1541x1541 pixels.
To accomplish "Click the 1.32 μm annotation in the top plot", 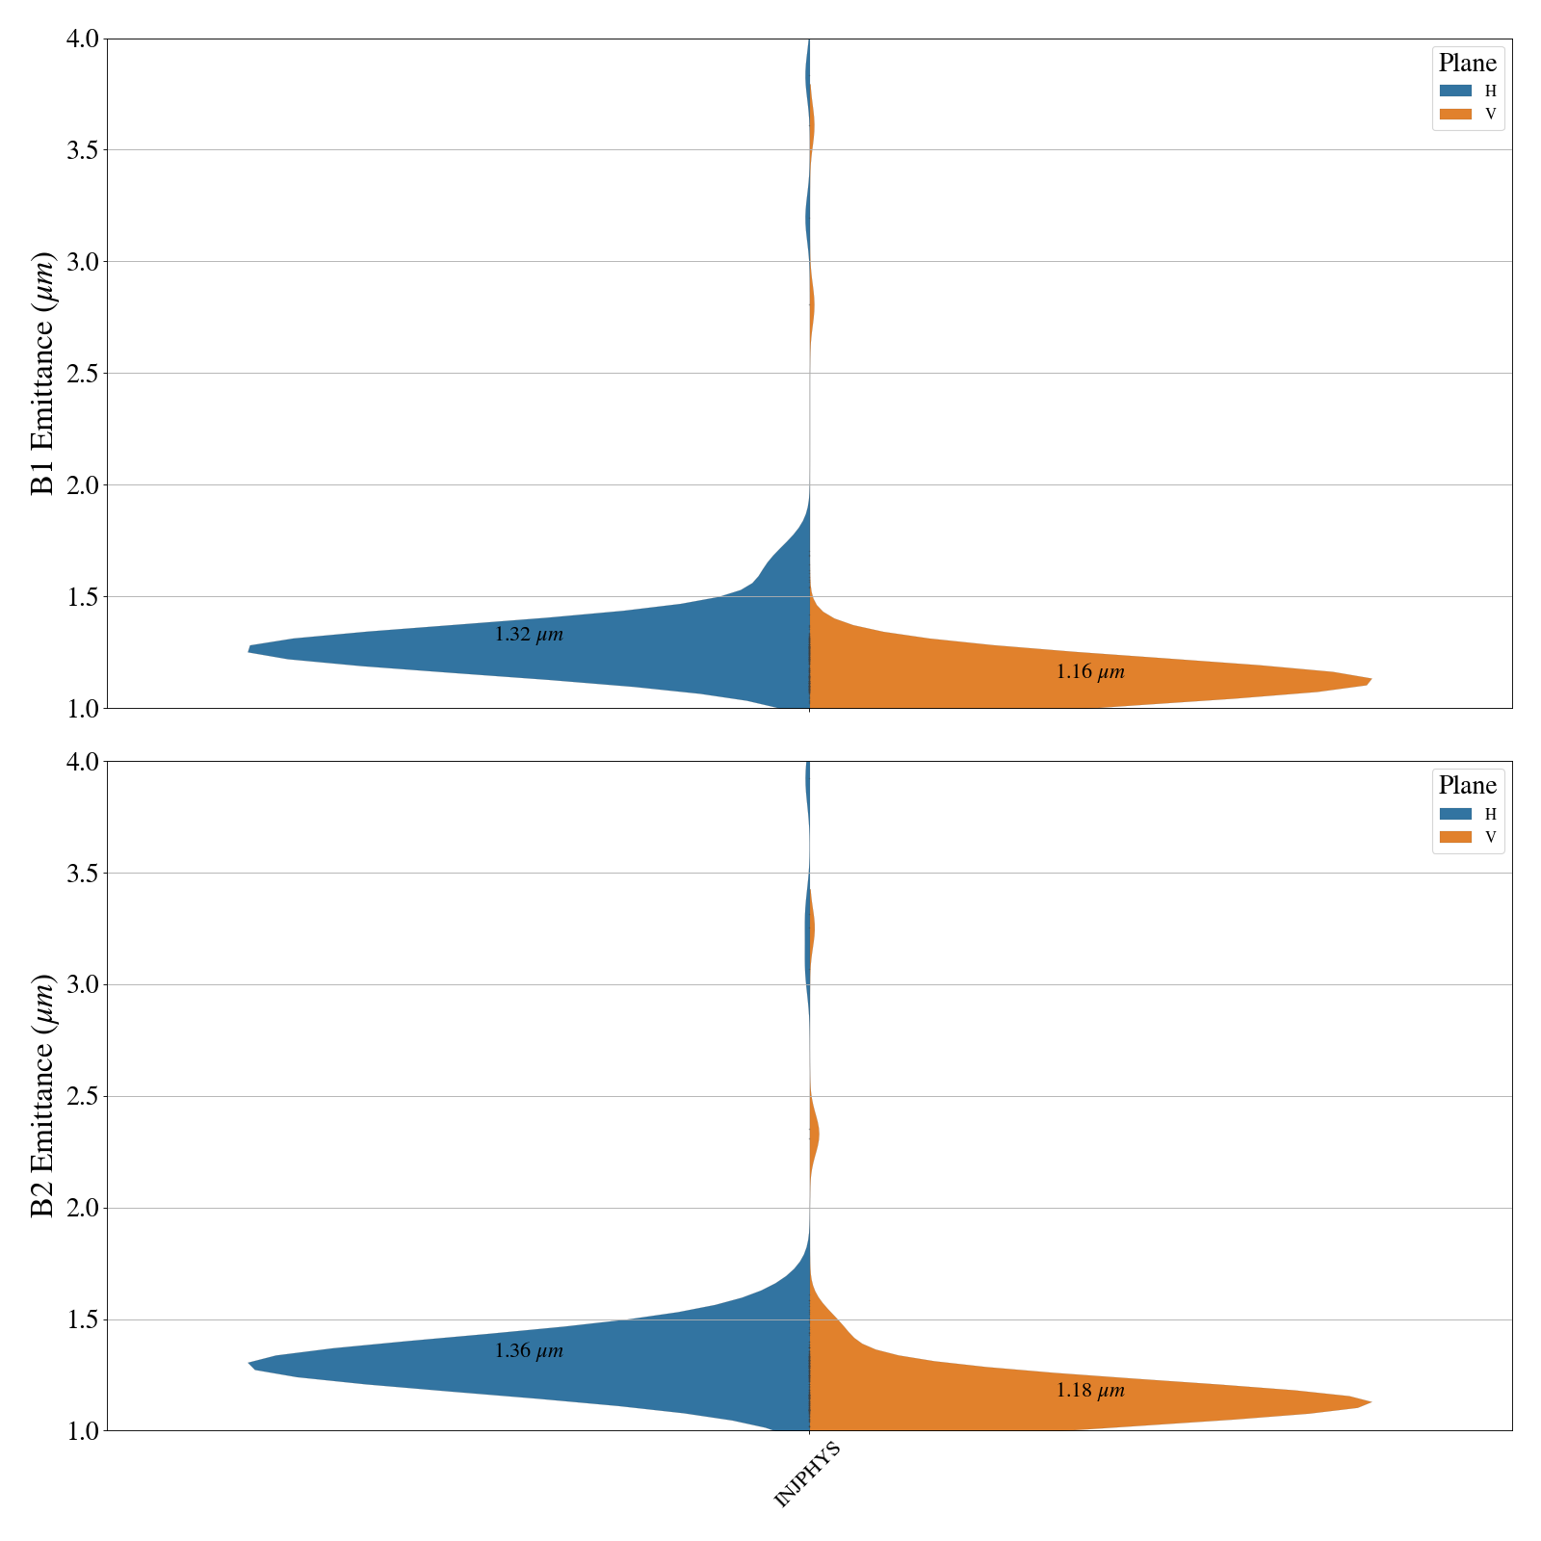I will coord(528,635).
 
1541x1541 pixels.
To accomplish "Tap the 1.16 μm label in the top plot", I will coord(1089,672).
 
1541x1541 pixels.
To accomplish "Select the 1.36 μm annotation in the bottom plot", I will coord(528,1351).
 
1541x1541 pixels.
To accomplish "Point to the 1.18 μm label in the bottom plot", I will coord(1089,1391).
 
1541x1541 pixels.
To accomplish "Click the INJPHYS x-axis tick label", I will coord(807,1475).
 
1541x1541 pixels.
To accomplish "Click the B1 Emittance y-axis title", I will coord(43,374).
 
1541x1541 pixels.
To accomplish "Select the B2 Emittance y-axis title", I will coord(43,1096).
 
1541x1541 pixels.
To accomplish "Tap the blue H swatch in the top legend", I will coord(1455,91).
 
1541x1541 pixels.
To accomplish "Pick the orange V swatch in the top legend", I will coord(1455,114).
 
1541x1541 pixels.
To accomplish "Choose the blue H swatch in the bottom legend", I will coord(1455,814).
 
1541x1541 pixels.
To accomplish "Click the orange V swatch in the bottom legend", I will coord(1455,837).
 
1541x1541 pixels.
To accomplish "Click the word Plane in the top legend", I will coord(1467,64).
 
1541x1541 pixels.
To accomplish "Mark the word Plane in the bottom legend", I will coord(1467,786).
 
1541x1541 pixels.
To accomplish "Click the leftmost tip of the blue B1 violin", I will coord(250,649).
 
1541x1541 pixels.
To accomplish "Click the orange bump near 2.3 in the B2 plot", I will coord(815,1136).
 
